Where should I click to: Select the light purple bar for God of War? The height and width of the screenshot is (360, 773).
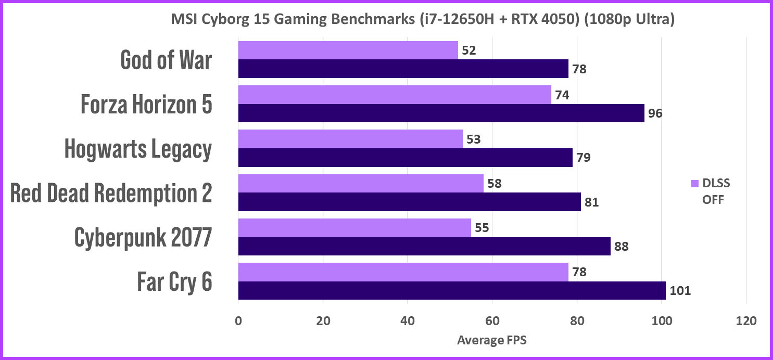pos(348,50)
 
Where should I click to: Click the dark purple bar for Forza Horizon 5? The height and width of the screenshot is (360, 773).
pos(441,113)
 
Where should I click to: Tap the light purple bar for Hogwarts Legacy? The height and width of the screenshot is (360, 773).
pos(350,139)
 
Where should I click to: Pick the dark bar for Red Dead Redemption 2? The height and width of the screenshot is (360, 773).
pos(409,202)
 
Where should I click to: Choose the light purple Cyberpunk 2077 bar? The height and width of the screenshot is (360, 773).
pos(354,228)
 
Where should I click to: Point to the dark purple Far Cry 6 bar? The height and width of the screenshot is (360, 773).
pos(452,290)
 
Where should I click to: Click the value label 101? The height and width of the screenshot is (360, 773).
pos(680,290)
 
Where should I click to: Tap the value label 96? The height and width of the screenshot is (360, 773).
pos(655,113)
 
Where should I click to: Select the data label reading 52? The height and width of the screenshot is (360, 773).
pos(469,50)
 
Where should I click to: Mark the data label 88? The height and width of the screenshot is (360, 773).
pos(622,246)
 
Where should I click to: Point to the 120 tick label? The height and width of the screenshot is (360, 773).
pos(746,322)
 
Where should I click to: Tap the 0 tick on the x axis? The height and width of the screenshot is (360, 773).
pos(238,322)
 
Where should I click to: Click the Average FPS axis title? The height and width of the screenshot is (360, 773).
pos(492,341)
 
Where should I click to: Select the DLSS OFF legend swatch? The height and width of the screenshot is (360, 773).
pos(694,183)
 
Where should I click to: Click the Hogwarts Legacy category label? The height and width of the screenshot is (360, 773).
pos(138,149)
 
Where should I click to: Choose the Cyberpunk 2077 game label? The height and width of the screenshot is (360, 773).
pos(143,238)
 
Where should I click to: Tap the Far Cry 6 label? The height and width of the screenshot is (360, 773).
pos(174,282)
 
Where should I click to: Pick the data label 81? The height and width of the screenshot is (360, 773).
pos(591,202)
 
